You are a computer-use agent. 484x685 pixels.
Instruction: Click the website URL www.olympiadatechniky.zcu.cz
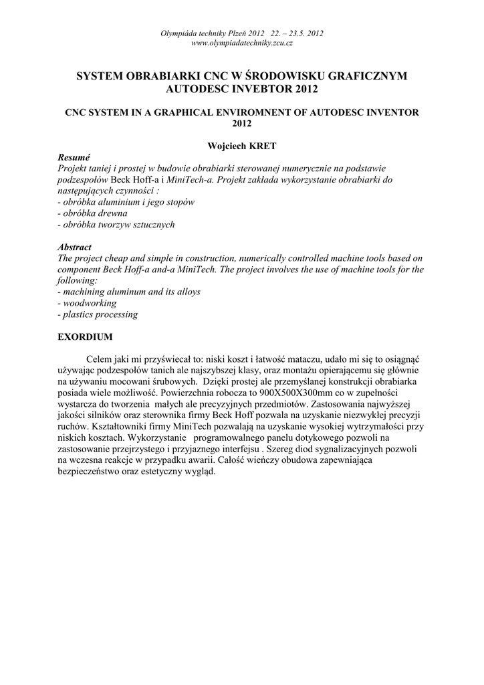pyautogui.click(x=242, y=43)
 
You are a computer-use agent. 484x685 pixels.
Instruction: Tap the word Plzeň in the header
pyautogui.click(x=235, y=33)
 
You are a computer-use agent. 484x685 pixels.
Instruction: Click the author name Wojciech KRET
pyautogui.click(x=242, y=144)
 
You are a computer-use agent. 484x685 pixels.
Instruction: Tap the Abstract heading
pyautogui.click(x=75, y=247)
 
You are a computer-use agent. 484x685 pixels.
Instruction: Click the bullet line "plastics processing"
pyautogui.click(x=98, y=314)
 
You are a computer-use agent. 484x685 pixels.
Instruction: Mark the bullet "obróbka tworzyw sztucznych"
pyautogui.click(x=116, y=225)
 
